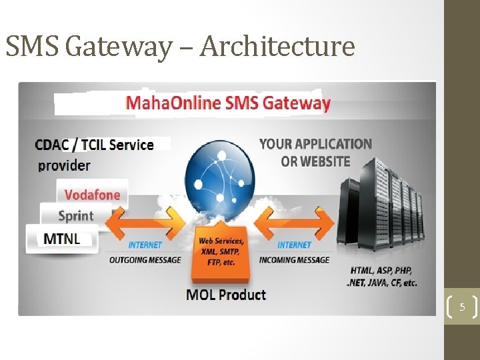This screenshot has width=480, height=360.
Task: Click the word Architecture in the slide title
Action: (278, 47)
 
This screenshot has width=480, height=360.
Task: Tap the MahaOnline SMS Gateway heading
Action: (227, 103)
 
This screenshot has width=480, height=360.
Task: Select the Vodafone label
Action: (92, 195)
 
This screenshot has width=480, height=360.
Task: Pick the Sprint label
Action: (76, 216)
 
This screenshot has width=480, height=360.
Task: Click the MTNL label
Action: (61, 238)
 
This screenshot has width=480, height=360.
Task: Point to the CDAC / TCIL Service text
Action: (94, 145)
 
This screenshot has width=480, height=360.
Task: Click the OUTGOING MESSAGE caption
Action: (145, 259)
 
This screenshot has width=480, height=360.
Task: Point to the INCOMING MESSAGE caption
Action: (294, 259)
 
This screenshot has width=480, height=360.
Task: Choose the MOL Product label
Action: (227, 294)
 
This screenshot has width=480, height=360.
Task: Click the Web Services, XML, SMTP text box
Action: (222, 251)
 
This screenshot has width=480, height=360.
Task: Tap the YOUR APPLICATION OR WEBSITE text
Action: (315, 152)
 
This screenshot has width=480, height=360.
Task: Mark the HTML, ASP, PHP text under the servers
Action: (383, 277)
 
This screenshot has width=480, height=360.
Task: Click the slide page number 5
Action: (461, 307)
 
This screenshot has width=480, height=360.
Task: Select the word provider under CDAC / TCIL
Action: (64, 165)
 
